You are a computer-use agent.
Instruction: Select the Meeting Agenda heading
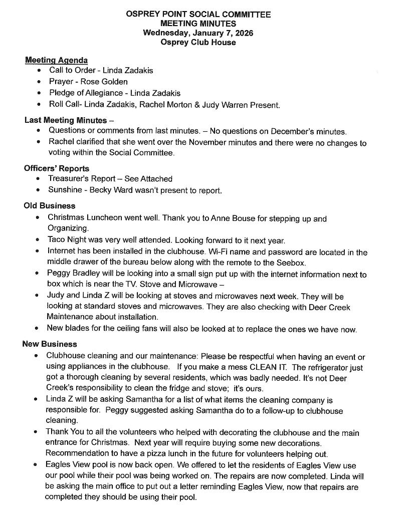[57, 61]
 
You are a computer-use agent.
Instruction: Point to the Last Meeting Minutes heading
[66, 120]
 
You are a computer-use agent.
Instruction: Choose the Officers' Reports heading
[57, 168]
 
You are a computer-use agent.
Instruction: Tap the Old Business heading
[50, 206]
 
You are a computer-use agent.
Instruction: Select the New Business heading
[50, 344]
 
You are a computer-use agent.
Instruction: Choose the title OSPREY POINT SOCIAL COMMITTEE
[198, 15]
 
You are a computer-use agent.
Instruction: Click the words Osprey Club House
[198, 43]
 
